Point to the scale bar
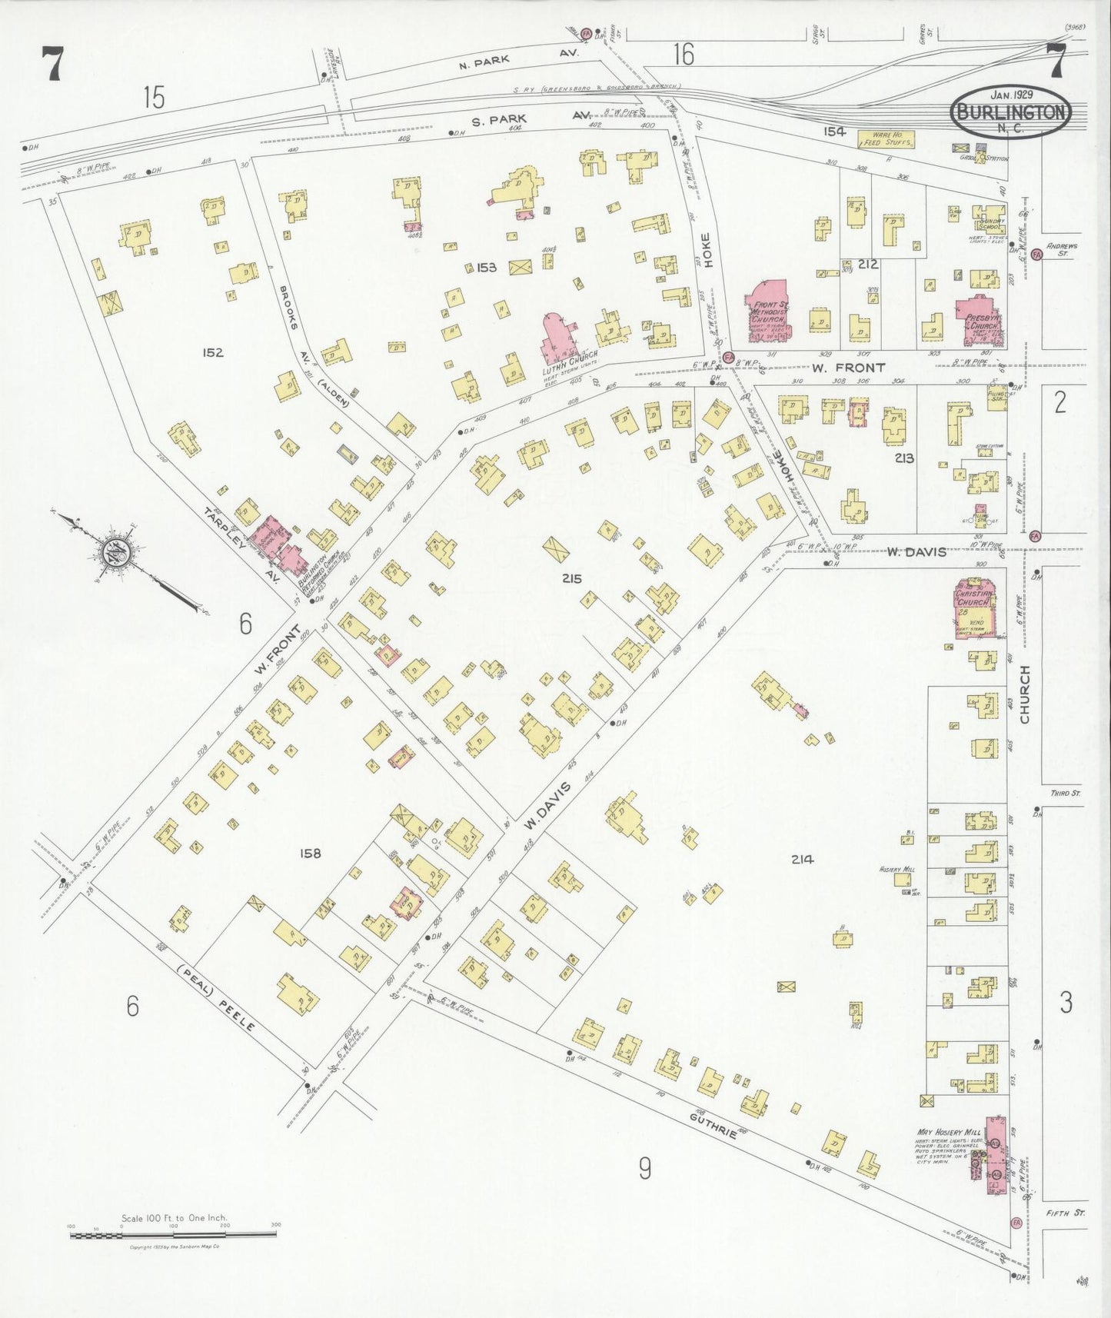click(173, 1236)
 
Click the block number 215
click(571, 578)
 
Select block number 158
click(311, 853)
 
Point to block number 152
click(212, 352)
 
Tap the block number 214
click(802, 860)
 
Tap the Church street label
click(1024, 704)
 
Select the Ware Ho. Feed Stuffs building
click(886, 139)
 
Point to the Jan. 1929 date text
click(1011, 95)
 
